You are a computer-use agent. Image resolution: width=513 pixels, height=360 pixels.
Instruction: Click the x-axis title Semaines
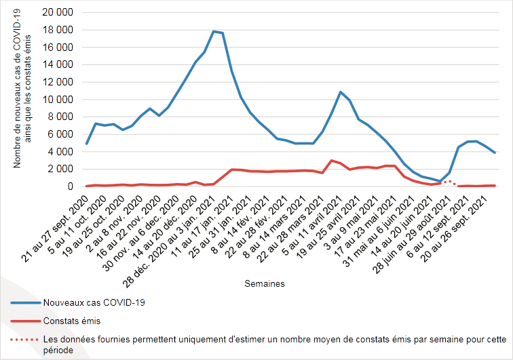click(x=265, y=283)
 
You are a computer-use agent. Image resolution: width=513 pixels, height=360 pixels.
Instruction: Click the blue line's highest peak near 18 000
click(x=214, y=31)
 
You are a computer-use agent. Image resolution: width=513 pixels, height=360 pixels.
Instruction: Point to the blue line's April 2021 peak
click(x=341, y=92)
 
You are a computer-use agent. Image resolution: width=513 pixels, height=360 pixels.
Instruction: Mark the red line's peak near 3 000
click(x=331, y=161)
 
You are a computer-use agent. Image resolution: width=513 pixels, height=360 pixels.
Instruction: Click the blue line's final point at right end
click(x=495, y=153)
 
